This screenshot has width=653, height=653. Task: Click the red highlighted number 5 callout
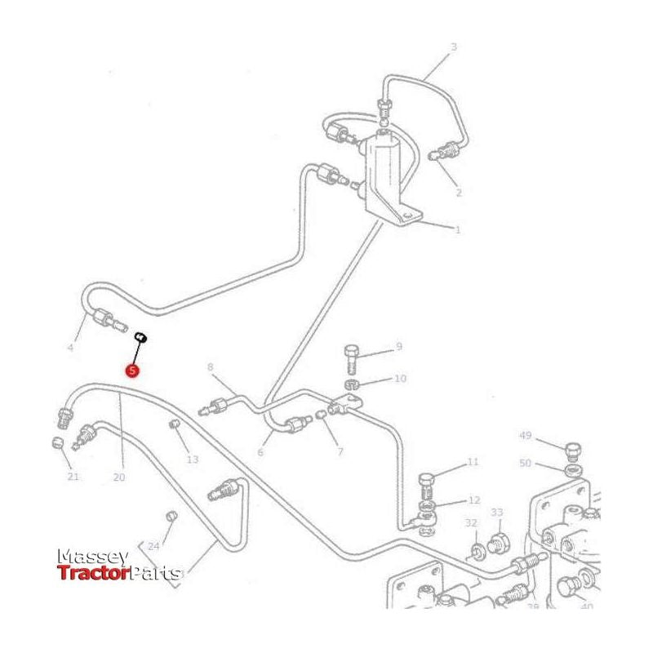click(132, 370)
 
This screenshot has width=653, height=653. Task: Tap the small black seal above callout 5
click(140, 335)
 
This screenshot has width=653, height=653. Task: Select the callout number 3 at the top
click(454, 47)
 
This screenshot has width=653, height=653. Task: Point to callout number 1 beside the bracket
click(457, 229)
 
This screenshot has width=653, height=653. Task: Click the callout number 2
click(458, 193)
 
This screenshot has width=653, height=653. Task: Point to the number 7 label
click(340, 451)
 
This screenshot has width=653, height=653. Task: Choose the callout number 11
click(473, 462)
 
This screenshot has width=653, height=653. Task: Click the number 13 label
click(193, 460)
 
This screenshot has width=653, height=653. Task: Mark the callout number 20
click(119, 478)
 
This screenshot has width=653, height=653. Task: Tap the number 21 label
click(73, 477)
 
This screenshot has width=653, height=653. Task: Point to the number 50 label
click(525, 463)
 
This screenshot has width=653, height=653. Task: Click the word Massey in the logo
click(92, 557)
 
